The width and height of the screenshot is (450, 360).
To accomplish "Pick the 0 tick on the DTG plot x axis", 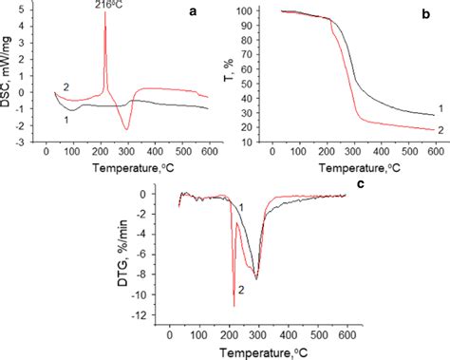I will click(169, 332).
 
